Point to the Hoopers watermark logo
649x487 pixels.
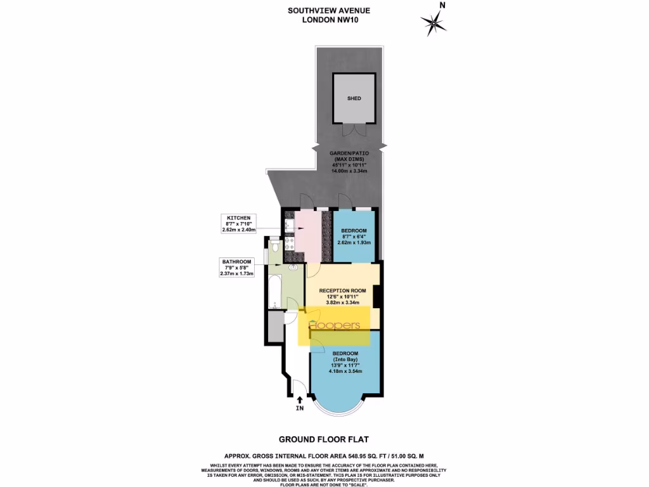[334, 325]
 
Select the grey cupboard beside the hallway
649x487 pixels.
[275, 328]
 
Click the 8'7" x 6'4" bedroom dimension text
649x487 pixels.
[355, 237]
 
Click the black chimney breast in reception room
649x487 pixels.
[376, 296]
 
